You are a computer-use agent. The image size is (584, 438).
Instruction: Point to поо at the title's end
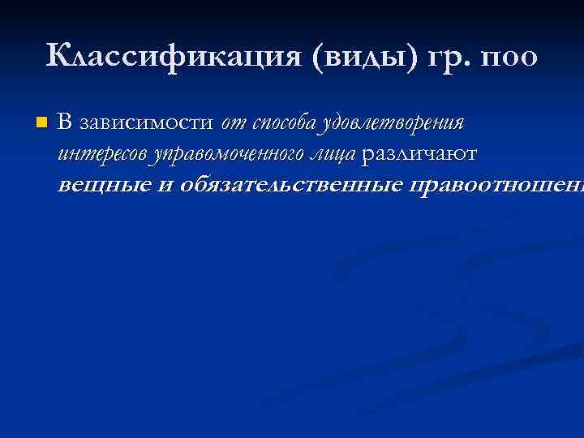click(508, 58)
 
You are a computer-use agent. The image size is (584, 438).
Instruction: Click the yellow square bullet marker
click(41, 124)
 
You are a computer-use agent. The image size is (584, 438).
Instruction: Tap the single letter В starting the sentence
click(65, 123)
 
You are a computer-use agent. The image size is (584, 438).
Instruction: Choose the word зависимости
click(145, 123)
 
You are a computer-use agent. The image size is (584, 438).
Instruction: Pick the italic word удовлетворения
click(393, 124)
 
